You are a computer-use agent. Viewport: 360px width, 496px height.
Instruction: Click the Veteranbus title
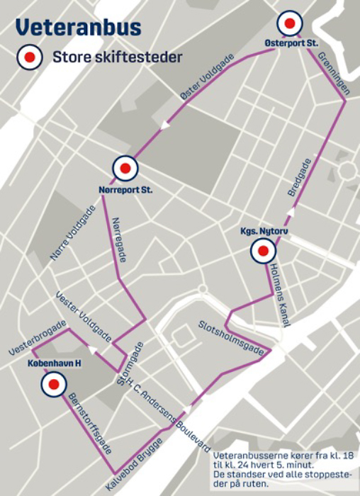[x=78, y=28]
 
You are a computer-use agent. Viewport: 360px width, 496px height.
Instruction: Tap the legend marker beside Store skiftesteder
[x=29, y=57]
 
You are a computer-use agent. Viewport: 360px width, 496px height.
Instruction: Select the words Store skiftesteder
[x=118, y=57]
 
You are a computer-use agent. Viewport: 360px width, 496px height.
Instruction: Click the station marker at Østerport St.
[x=288, y=24]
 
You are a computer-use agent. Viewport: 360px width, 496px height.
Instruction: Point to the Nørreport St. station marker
[x=125, y=169]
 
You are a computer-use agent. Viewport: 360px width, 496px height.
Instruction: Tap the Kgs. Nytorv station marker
[x=263, y=251]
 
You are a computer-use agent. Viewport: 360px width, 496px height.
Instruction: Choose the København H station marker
[x=53, y=385]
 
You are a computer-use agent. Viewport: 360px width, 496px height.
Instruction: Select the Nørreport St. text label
[x=125, y=189]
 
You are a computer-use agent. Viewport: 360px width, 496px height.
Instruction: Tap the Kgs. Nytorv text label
[x=262, y=231]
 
